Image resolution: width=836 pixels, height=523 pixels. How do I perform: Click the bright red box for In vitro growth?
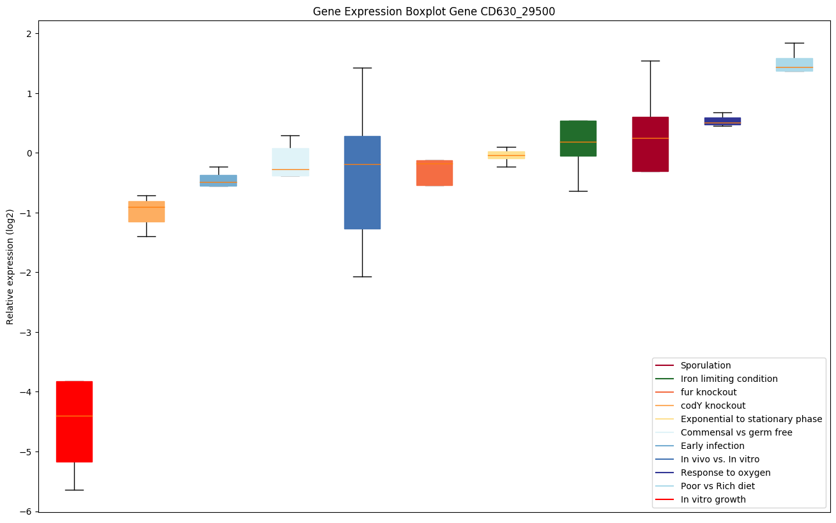pos(74,421)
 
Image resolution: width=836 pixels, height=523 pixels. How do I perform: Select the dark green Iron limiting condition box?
pos(578,138)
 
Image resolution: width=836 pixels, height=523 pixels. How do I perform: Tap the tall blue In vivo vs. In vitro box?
pos(362,183)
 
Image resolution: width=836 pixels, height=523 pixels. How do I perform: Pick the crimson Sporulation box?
pos(650,144)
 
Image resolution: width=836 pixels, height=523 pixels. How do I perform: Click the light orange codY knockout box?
pos(146,211)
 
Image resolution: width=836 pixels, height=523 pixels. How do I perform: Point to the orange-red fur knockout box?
pos(434,172)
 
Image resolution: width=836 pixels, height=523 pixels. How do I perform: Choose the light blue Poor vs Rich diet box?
pos(794,64)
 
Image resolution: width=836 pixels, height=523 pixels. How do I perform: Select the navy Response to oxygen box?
pos(722,121)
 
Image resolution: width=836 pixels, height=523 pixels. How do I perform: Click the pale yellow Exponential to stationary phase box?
pos(506,155)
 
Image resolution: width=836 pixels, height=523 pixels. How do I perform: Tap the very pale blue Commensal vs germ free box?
pos(290,162)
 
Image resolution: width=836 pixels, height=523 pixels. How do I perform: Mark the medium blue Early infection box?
pos(218,180)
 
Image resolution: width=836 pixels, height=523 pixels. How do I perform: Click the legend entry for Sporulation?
pos(705,365)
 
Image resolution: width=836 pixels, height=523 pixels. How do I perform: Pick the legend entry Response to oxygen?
pos(725,473)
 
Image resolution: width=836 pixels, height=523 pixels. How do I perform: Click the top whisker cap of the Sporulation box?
pos(650,61)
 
